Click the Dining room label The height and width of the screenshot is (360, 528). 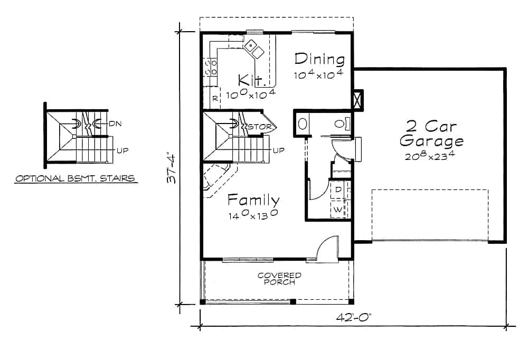tap(319, 59)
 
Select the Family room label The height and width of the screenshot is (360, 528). tap(253, 200)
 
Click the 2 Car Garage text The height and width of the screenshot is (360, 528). tap(431, 134)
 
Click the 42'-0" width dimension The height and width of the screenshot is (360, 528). tap(353, 318)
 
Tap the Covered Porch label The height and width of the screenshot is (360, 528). tap(279, 279)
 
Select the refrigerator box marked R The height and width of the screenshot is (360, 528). tap(215, 98)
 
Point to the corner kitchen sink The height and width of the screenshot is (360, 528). tap(254, 49)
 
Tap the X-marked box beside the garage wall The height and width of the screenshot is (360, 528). tap(358, 100)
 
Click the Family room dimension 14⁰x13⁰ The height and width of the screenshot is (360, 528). tap(253, 215)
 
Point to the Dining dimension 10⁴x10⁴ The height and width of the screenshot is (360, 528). tap(319, 74)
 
